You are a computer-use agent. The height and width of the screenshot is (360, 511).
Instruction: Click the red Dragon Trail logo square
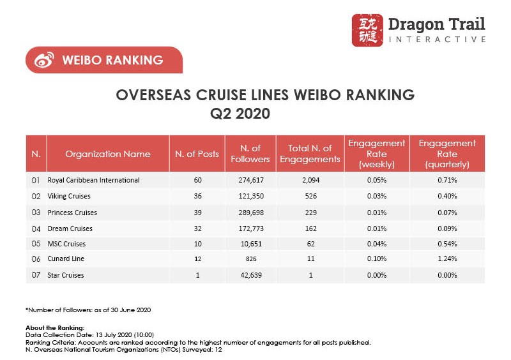(x=367, y=30)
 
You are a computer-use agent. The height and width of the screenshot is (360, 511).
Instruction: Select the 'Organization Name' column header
(x=108, y=154)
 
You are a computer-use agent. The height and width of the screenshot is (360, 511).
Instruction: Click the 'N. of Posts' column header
(x=197, y=154)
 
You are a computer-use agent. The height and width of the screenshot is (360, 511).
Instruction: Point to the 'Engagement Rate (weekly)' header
(x=376, y=154)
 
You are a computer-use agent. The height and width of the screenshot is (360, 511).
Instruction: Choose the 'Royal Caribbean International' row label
(x=94, y=180)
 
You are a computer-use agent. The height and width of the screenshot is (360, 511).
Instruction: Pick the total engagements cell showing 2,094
(x=310, y=180)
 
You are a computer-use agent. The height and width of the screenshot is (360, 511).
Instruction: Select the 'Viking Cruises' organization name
(x=69, y=196)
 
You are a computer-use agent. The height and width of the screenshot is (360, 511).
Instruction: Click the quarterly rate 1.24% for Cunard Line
(x=447, y=259)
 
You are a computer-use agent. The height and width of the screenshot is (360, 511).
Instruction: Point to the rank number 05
(x=36, y=244)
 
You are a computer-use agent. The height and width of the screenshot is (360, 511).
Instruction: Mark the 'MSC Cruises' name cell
(x=66, y=244)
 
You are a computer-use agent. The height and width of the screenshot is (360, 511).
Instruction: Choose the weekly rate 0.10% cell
(x=376, y=259)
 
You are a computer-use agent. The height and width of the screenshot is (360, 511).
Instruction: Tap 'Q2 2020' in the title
(x=240, y=115)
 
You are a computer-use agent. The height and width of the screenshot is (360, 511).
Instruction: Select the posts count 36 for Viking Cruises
(x=197, y=196)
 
